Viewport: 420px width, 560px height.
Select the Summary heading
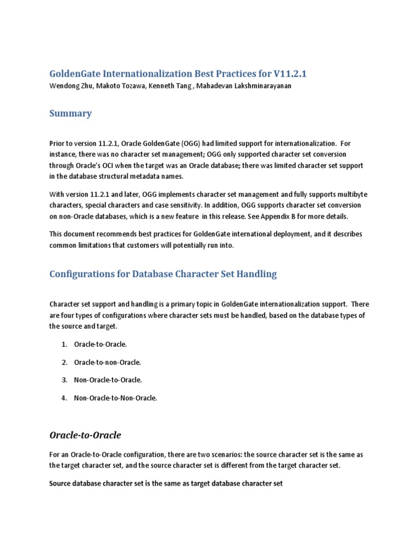coord(71,114)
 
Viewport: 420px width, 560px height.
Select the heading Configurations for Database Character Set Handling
coord(163,274)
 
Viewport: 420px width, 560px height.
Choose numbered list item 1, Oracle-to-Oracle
coord(100,344)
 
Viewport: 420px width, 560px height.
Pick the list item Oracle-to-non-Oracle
coord(107,362)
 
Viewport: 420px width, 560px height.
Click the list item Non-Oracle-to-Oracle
coord(108,380)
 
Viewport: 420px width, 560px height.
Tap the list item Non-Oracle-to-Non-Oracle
coord(115,398)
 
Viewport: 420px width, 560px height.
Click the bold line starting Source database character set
coord(166,484)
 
